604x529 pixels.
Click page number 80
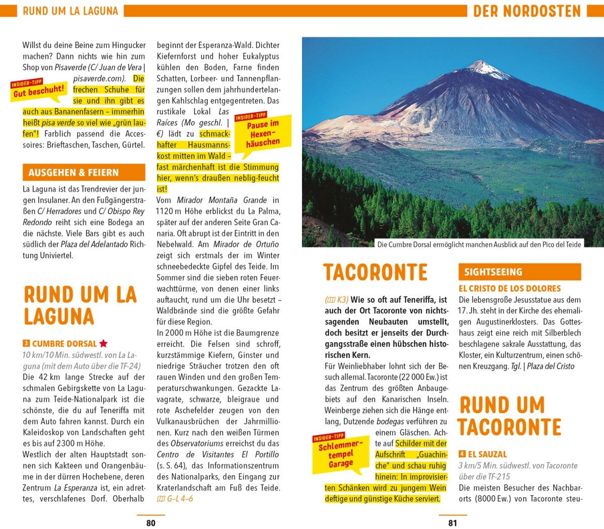click(150, 523)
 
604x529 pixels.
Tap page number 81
click(452, 523)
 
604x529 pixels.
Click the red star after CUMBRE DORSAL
click(103, 344)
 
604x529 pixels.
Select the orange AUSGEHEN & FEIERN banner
click(84, 172)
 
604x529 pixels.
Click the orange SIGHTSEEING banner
click(519, 272)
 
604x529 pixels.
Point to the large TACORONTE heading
click(375, 273)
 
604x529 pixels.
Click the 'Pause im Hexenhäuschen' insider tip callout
click(263, 132)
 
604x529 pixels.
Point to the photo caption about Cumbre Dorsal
click(479, 244)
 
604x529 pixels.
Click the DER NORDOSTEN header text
click(526, 11)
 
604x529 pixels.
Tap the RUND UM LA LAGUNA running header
click(70, 11)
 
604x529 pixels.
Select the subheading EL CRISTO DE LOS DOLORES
click(509, 289)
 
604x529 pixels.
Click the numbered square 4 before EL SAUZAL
click(462, 454)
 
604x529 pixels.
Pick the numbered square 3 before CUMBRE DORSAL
click(26, 344)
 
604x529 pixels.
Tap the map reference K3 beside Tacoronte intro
click(336, 300)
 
